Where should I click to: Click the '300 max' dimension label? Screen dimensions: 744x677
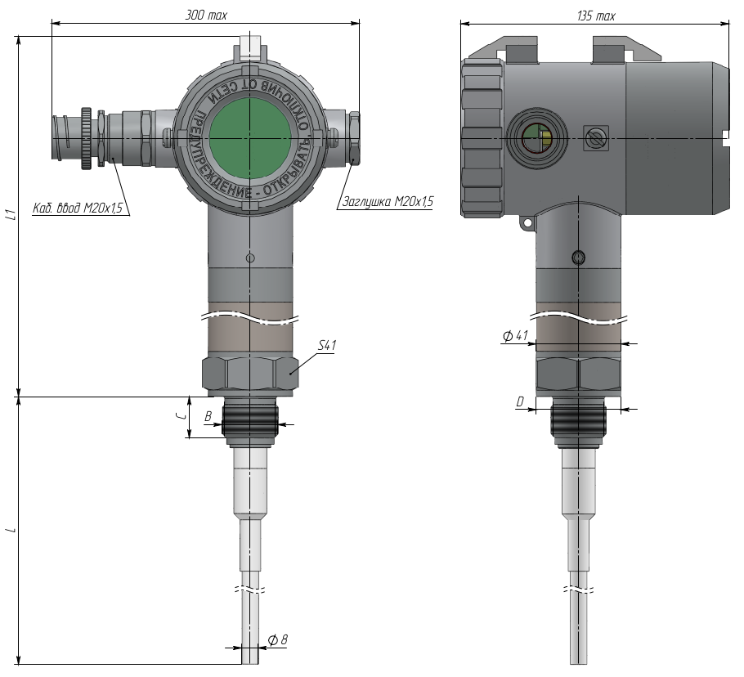[x=206, y=16]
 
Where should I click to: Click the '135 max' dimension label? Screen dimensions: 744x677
[x=596, y=16]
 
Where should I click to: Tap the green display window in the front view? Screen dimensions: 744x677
[x=250, y=138]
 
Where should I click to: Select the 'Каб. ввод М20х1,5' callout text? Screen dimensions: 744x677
[x=78, y=208]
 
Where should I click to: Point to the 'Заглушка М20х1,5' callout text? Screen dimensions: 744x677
[x=388, y=202]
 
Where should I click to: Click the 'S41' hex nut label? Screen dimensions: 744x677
[x=326, y=345]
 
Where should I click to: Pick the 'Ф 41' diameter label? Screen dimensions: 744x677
[x=515, y=335]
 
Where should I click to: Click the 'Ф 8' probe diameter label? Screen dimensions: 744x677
[x=278, y=640]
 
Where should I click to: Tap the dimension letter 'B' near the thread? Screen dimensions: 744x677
[x=208, y=416]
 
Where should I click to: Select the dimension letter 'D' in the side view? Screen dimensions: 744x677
[x=520, y=401]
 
